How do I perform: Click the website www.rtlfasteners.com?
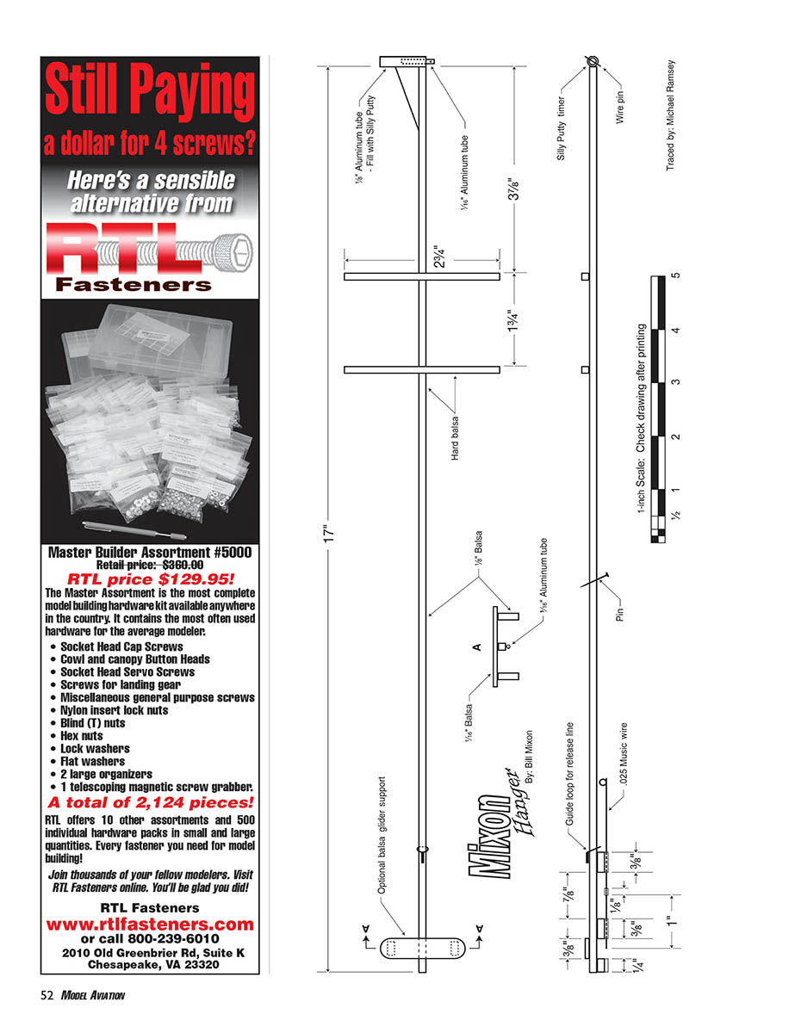[x=150, y=924]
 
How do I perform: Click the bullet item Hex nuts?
[x=81, y=736]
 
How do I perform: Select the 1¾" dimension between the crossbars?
[x=514, y=321]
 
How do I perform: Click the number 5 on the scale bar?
[x=676, y=276]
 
